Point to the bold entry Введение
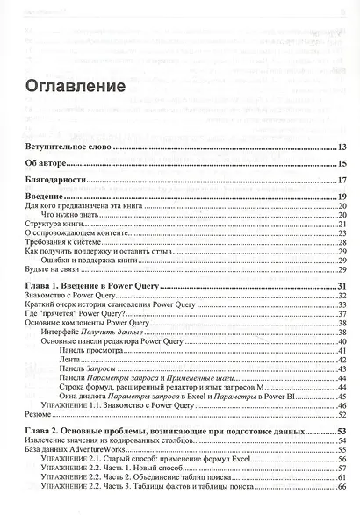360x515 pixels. (43, 197)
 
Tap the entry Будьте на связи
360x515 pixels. (50, 270)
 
